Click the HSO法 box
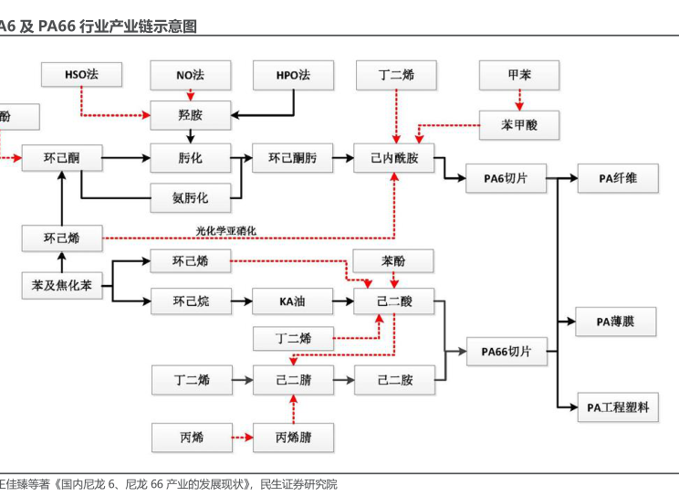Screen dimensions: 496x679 coord(81,75)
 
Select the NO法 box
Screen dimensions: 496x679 coord(191,75)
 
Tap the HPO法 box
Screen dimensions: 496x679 coord(293,75)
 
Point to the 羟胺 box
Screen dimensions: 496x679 coord(191,115)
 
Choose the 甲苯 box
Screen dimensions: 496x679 coord(519,75)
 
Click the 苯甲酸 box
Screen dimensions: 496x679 coord(519,124)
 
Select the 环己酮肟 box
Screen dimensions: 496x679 coord(293,158)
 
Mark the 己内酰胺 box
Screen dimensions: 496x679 coord(394,158)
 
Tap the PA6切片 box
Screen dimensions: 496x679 coord(506,178)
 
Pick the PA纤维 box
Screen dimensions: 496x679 coord(617,178)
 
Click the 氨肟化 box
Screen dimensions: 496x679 coord(191,196)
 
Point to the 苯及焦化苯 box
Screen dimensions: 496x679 coord(62,286)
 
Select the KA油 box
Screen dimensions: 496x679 coord(293,301)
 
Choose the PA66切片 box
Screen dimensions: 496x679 coord(506,351)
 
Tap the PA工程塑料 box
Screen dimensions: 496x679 coord(617,406)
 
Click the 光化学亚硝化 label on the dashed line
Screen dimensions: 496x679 coord(226,230)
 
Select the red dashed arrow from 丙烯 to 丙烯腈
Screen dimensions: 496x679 coord(241,438)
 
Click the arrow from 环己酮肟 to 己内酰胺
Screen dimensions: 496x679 coord(343,158)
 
